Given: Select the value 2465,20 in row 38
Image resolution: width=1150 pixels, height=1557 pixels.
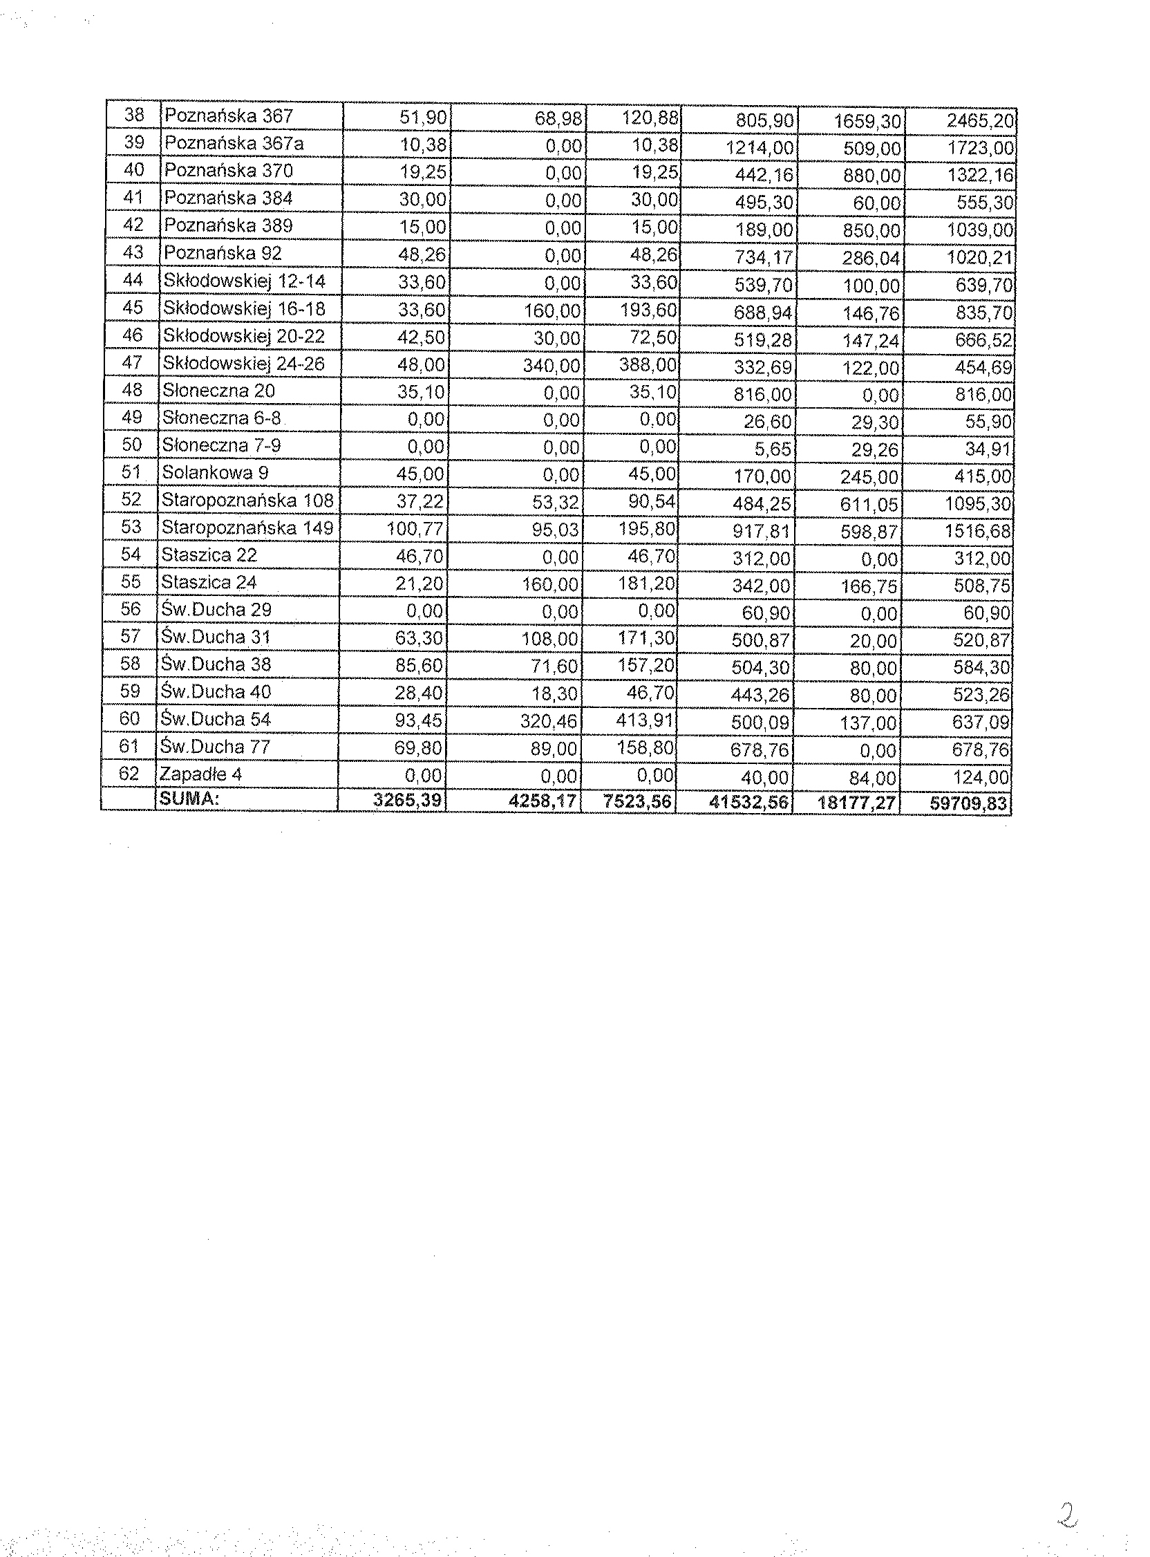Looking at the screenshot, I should [979, 121].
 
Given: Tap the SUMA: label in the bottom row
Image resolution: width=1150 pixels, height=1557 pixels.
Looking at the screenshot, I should [189, 799].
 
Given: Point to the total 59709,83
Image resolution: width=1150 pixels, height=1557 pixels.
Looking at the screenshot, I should [968, 803].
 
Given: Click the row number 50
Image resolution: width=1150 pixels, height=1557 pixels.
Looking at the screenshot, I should [131, 445].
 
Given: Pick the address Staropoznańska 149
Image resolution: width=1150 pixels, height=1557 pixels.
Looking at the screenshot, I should [247, 527].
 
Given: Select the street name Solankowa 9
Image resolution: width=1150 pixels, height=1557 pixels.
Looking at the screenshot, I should [215, 472].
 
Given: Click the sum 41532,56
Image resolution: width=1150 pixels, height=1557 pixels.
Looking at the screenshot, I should [749, 803].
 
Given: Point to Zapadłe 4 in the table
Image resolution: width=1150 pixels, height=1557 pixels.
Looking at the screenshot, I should [200, 774].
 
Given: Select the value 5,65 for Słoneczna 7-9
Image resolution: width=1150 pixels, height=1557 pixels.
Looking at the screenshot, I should [773, 449].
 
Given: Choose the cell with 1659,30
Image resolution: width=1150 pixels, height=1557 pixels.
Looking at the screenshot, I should [867, 122].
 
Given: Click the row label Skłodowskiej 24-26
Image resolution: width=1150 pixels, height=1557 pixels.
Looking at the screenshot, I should [243, 363].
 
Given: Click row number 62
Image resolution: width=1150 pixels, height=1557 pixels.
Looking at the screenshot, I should [129, 773].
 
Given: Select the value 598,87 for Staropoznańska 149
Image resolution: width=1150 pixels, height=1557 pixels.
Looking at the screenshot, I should [869, 532].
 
